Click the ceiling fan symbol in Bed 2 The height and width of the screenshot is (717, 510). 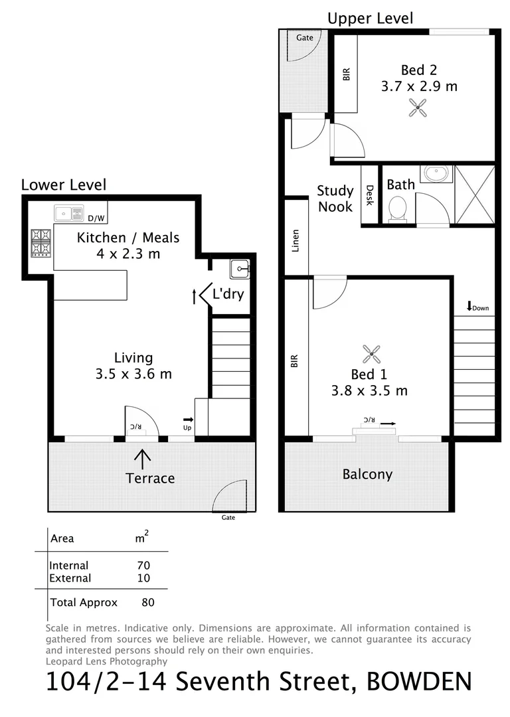(x=418, y=108)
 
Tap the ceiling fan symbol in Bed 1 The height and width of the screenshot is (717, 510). (x=370, y=353)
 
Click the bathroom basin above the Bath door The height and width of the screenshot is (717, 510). (x=436, y=175)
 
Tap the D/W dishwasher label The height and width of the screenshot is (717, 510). (x=97, y=218)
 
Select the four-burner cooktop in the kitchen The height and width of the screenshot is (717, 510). (x=40, y=242)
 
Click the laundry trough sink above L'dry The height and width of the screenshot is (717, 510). (x=240, y=269)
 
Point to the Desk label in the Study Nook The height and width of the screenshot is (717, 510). (x=370, y=195)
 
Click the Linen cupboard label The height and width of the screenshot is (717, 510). (x=296, y=240)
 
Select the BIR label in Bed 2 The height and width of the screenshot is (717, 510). (x=345, y=74)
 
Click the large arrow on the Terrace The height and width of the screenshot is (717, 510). (x=142, y=457)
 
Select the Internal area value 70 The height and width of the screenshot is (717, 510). (x=143, y=566)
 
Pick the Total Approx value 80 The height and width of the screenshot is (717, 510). (x=148, y=603)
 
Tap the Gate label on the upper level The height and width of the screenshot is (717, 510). (x=304, y=38)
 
